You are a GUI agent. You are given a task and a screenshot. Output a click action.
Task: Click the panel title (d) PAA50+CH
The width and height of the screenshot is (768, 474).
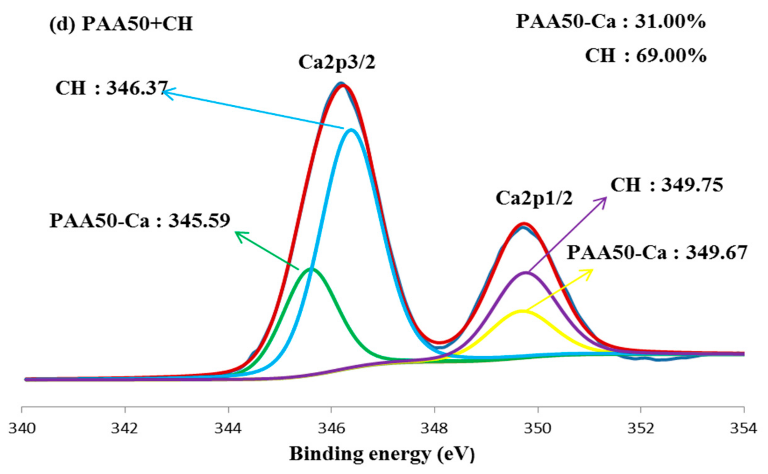121,24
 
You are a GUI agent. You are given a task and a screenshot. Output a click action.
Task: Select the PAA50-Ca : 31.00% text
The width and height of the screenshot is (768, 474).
610,22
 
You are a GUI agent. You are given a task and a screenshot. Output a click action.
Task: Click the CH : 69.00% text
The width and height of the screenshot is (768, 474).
645,56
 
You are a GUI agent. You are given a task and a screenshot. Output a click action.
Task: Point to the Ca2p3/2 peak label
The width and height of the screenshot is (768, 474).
337,63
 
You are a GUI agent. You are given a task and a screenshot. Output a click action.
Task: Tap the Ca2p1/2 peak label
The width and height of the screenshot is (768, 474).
534,199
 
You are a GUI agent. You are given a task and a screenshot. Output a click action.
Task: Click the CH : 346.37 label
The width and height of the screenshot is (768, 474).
112,88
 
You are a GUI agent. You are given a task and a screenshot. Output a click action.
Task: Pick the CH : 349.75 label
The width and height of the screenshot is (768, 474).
666,185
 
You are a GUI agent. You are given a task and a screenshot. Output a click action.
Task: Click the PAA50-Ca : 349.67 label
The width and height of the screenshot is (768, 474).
657,252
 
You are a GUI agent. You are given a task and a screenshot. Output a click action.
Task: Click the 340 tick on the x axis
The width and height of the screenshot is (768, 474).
22,429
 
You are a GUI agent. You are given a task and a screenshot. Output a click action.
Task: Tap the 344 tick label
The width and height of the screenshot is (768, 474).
228,429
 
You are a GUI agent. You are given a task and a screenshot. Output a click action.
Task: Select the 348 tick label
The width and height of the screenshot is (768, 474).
434,429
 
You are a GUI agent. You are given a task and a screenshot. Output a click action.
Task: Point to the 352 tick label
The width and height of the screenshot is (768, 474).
641,429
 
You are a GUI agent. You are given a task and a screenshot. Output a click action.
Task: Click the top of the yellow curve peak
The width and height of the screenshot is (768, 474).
522,311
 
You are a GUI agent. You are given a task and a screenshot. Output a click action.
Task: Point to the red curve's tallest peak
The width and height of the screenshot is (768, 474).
342,85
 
